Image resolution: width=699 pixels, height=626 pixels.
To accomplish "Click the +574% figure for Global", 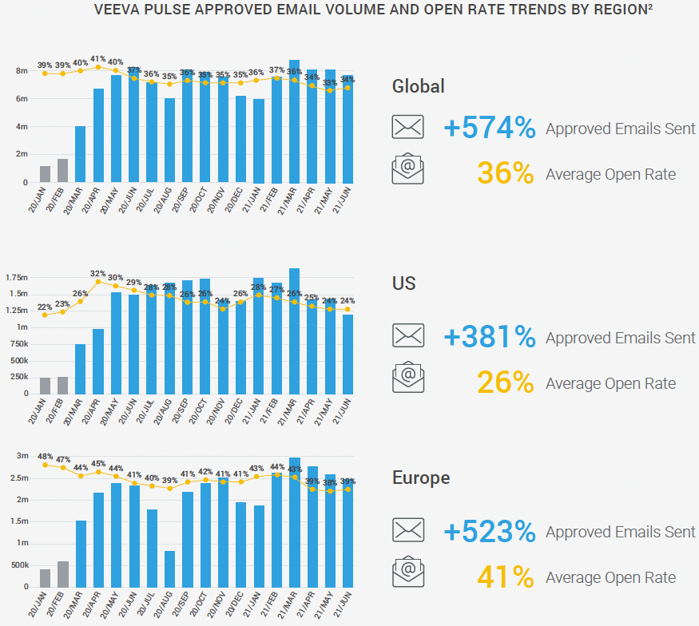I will click(x=489, y=128).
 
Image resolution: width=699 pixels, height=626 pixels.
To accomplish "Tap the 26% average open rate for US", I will click(x=505, y=383).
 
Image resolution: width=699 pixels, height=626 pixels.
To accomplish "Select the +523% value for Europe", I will click(x=489, y=532).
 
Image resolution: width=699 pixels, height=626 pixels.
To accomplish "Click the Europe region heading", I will click(x=421, y=477).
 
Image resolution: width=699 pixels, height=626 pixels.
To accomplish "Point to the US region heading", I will click(x=404, y=283).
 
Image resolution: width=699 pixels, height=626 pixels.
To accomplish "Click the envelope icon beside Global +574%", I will click(x=407, y=128).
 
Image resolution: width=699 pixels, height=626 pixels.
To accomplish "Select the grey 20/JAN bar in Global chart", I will click(x=46, y=174).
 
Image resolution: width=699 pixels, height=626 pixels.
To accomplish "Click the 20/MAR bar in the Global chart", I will click(x=81, y=154).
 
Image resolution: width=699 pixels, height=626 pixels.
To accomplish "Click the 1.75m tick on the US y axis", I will click(x=18, y=278).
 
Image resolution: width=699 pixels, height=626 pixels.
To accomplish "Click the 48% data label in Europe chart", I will click(x=44, y=455).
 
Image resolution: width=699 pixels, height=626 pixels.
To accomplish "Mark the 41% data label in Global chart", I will click(x=98, y=59).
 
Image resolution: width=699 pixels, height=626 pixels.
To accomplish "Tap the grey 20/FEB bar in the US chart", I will click(x=63, y=385).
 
